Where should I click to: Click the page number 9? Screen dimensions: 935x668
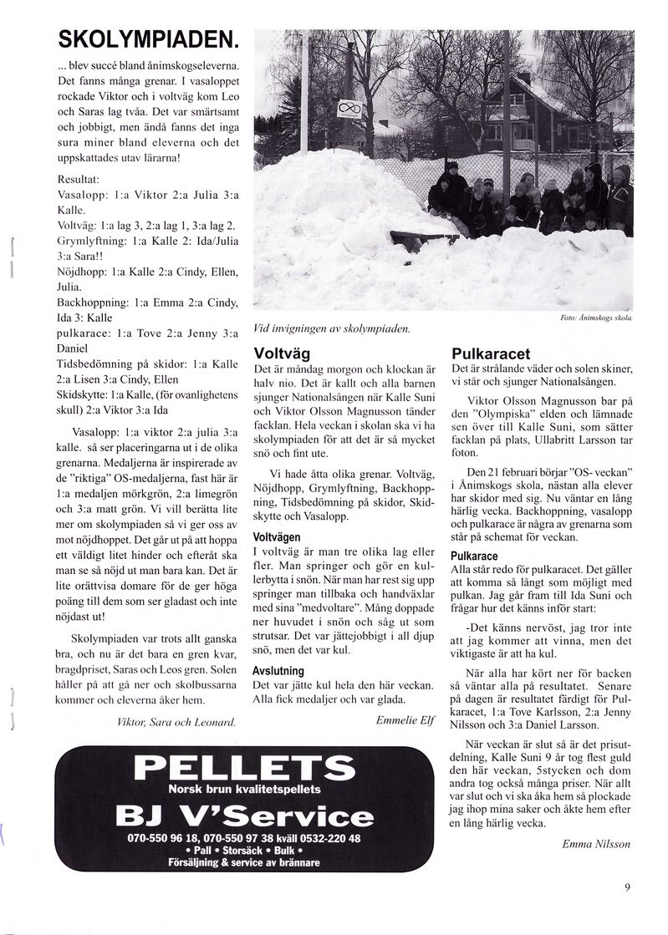tap(627, 887)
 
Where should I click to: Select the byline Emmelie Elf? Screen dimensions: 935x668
tap(405, 719)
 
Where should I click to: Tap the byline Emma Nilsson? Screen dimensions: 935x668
tap(596, 843)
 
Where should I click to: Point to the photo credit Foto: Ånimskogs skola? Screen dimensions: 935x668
tap(595, 318)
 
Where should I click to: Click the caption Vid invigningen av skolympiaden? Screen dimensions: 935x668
tap(332, 328)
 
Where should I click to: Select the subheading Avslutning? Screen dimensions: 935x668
tap(278, 671)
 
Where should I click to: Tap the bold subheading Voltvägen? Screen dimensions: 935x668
tap(282, 536)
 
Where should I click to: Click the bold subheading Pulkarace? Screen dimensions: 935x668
tap(475, 556)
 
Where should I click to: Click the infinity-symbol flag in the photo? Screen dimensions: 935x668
tap(350, 109)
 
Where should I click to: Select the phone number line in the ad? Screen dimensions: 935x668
tap(244, 838)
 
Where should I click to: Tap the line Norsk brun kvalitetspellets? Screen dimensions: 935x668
tap(244, 789)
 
